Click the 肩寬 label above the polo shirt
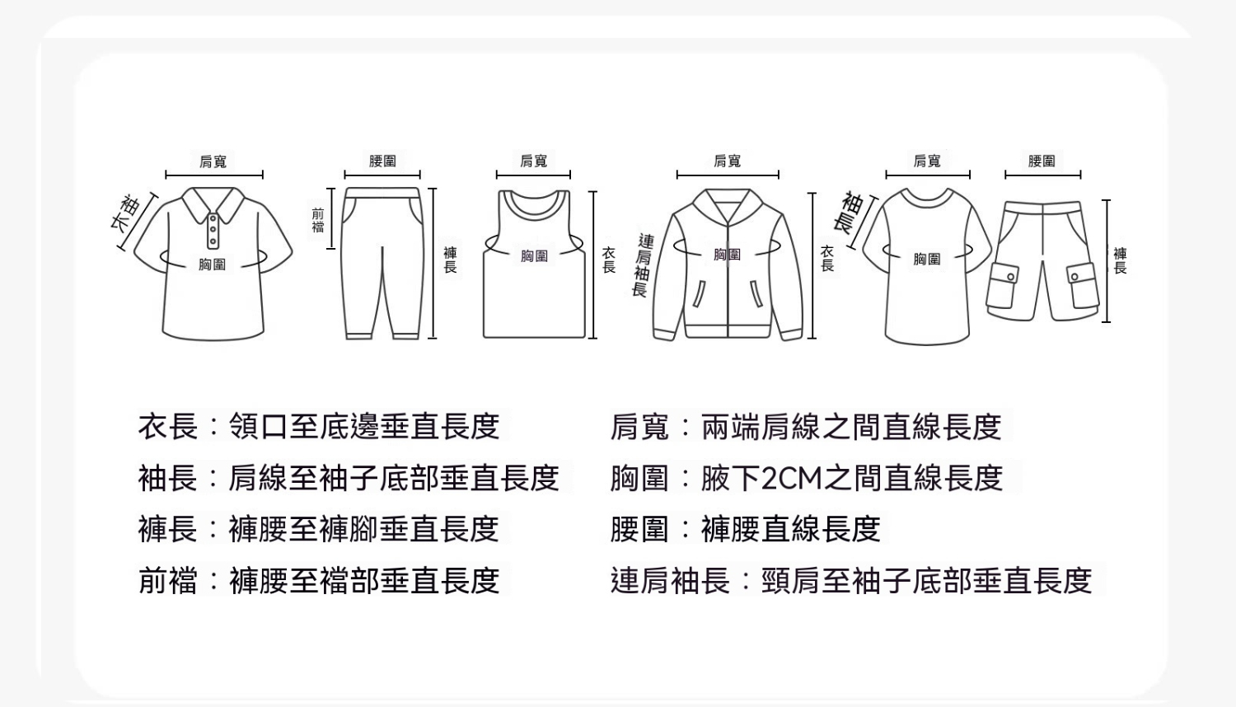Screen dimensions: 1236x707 (213, 162)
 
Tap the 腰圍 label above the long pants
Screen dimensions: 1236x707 (382, 162)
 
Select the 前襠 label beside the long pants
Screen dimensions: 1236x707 (318, 220)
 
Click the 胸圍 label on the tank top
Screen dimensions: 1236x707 (534, 255)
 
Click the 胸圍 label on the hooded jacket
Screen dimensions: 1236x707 (728, 254)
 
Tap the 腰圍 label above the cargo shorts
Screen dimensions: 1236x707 (1042, 162)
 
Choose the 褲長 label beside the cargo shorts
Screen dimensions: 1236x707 (1120, 260)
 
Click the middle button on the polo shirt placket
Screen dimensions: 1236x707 (213, 230)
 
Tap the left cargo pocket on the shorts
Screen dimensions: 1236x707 (1003, 285)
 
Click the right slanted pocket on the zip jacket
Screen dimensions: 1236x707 (756, 293)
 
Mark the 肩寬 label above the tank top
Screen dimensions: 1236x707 (534, 161)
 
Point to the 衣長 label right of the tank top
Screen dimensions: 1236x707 (609, 260)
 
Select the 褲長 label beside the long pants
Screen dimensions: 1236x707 (450, 260)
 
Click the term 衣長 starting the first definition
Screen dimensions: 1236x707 (168, 427)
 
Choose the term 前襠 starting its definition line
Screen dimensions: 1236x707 (168, 581)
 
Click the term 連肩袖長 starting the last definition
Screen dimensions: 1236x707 (670, 581)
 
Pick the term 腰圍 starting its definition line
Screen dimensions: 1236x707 (639, 529)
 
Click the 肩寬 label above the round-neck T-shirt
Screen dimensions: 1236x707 (927, 161)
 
